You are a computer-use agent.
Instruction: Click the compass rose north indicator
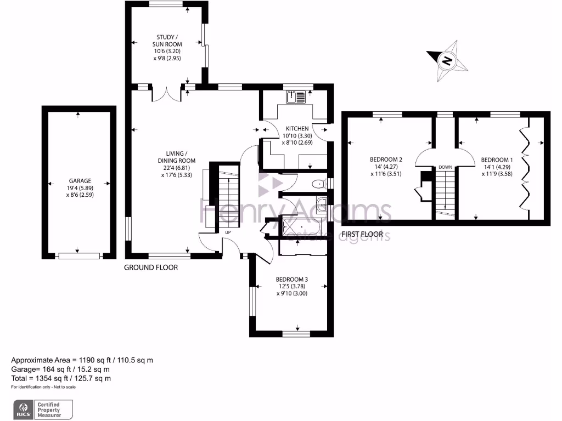[x=447, y=60]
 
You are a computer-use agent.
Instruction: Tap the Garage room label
[x=80, y=180]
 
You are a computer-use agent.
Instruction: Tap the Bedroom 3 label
[x=291, y=278]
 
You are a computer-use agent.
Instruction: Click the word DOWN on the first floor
[x=445, y=167]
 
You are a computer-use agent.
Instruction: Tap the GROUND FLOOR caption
[x=151, y=268]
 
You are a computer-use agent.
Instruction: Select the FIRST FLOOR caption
[x=362, y=234]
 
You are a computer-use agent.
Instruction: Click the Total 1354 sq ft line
[x=61, y=378]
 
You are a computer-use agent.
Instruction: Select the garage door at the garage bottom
[x=80, y=255]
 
